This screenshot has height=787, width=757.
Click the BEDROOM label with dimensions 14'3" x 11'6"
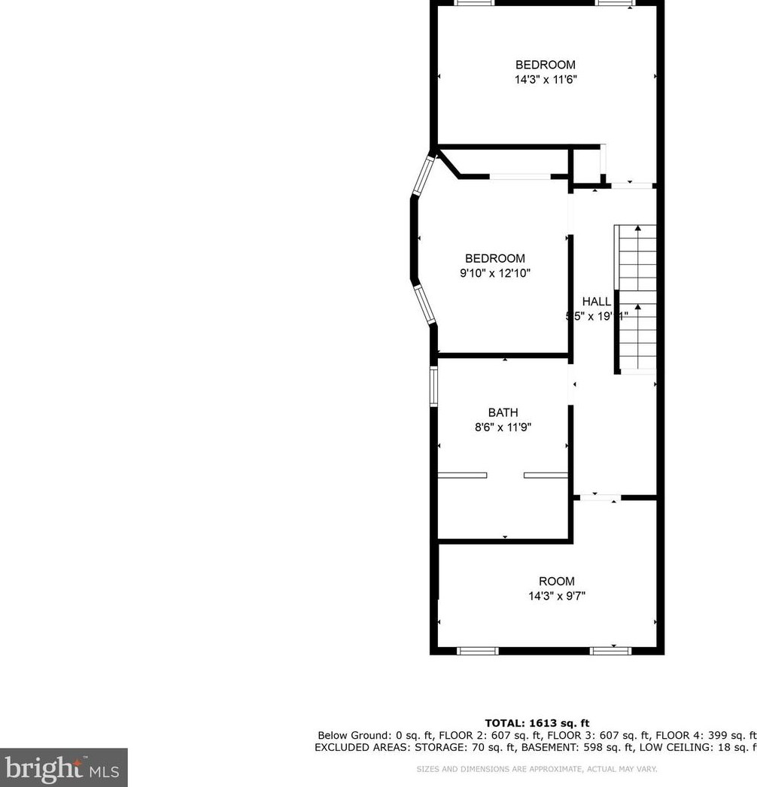point(546,65)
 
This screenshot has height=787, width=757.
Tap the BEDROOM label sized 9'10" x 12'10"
point(494,259)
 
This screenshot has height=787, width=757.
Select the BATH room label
point(503,412)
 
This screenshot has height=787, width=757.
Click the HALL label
point(596,302)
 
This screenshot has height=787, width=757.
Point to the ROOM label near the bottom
point(556,581)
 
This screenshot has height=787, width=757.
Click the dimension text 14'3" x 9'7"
point(556,597)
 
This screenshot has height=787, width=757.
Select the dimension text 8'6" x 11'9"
point(503,427)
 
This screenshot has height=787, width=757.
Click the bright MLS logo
point(63,767)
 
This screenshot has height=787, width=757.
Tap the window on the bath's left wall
point(433,386)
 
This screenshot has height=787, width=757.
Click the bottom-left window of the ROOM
point(478,650)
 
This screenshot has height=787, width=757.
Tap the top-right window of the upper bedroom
point(615,3)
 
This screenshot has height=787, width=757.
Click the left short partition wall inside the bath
point(462,475)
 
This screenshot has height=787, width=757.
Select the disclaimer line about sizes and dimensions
point(537,769)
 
